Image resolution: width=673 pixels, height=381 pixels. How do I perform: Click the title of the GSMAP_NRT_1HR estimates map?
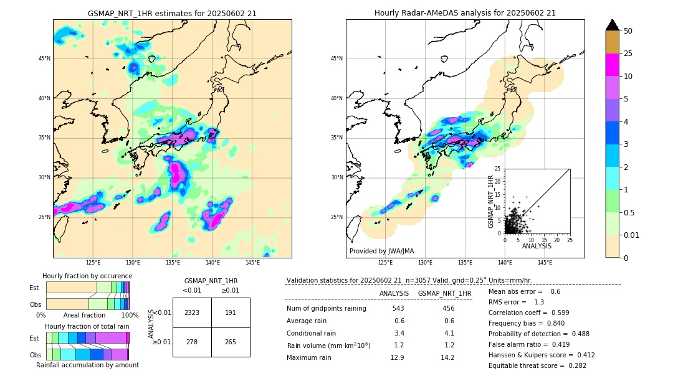click(172, 13)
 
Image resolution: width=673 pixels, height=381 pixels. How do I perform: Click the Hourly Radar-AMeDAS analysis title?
click(465, 13)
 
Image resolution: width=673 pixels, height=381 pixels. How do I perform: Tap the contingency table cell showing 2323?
click(192, 313)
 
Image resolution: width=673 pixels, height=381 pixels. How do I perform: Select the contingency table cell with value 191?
click(231, 313)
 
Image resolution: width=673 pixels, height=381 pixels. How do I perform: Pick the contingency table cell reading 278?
click(192, 342)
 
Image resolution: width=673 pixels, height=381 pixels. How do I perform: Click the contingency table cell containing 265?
click(231, 342)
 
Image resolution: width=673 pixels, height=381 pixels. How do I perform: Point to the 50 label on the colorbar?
click(628, 31)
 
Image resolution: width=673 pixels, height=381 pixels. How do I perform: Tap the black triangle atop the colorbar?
click(612, 25)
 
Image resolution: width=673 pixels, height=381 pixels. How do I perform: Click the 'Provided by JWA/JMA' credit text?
click(381, 252)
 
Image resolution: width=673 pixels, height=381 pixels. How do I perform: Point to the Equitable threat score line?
click(537, 365)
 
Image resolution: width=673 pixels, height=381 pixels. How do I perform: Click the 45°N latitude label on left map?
click(44, 59)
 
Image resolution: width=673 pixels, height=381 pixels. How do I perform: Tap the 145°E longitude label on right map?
click(545, 263)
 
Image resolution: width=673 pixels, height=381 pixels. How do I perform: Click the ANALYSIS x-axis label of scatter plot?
click(537, 246)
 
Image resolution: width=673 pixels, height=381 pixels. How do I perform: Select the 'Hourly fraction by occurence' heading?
click(87, 276)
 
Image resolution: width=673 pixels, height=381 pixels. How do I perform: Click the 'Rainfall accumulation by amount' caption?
click(87, 365)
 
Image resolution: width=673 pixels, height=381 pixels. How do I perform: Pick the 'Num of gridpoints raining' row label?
click(327, 309)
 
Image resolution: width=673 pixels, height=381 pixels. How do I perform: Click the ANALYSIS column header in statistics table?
click(394, 293)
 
